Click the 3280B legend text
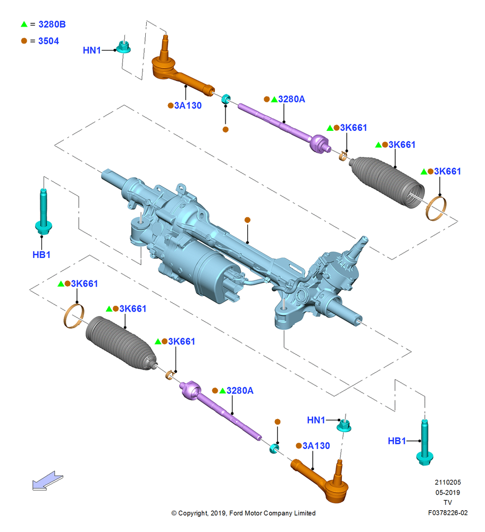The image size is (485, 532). [52, 24]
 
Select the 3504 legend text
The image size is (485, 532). [48, 41]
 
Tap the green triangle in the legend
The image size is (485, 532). [24, 24]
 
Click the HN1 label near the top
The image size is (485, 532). [92, 50]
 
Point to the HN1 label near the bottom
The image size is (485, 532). [316, 420]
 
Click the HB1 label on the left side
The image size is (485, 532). [41, 254]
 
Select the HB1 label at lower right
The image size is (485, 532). [397, 440]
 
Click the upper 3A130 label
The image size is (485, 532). [188, 105]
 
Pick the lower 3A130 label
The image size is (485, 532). [316, 445]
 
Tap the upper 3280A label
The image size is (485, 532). [291, 99]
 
